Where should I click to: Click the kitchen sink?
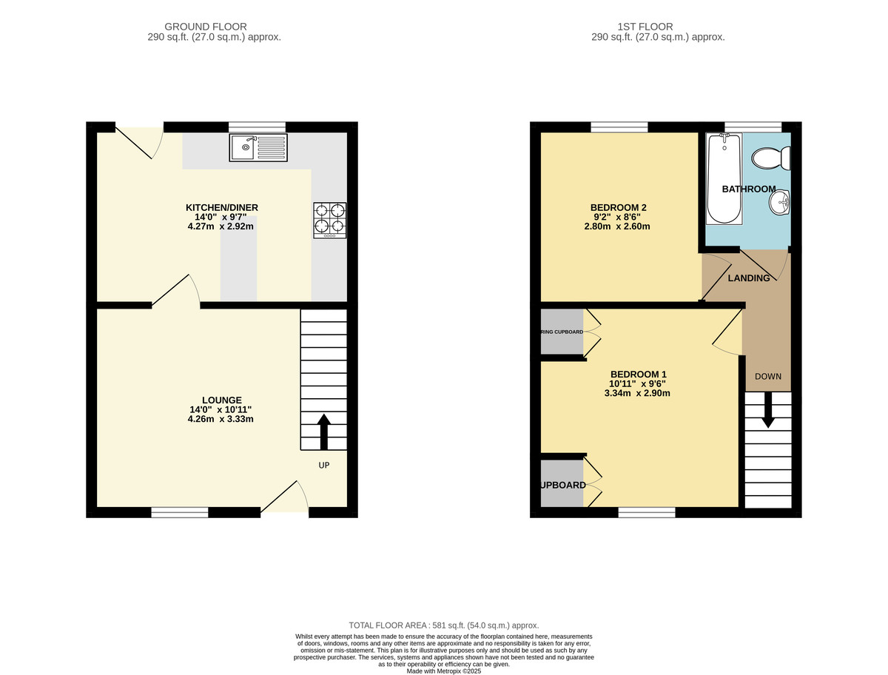click(x=258, y=148)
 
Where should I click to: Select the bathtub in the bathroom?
click(x=722, y=178)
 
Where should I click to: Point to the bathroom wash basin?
click(x=781, y=201)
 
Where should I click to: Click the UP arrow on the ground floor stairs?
click(x=324, y=431)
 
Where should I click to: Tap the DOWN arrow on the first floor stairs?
click(x=768, y=409)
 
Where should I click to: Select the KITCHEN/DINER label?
click(x=221, y=207)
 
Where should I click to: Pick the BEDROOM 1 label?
click(x=637, y=375)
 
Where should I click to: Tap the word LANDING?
click(x=748, y=278)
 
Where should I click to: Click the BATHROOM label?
click(x=749, y=189)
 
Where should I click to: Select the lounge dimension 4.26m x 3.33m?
click(x=221, y=420)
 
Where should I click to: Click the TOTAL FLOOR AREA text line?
click(x=444, y=625)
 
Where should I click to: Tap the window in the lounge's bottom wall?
click(x=180, y=511)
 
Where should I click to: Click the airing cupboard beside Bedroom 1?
click(x=562, y=332)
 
